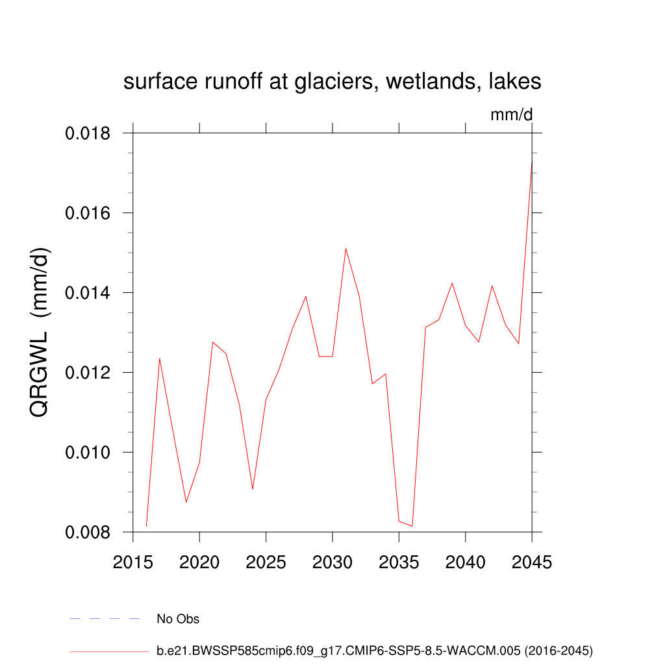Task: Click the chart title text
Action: [x=332, y=82]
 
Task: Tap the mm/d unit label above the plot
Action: [x=511, y=115]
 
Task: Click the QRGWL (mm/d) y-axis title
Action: [x=40, y=332]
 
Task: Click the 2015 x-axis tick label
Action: [x=133, y=562]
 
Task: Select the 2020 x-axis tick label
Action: [x=199, y=562]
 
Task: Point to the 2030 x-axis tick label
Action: [x=332, y=562]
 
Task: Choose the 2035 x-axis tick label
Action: [x=399, y=562]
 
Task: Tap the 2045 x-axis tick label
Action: [x=531, y=562]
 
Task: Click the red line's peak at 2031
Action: [x=345, y=248]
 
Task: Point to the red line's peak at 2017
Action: [x=160, y=358]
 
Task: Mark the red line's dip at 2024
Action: [x=253, y=489]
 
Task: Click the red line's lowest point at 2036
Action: [x=412, y=526]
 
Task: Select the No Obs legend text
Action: [x=178, y=619]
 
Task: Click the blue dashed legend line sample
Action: [x=105, y=619]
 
